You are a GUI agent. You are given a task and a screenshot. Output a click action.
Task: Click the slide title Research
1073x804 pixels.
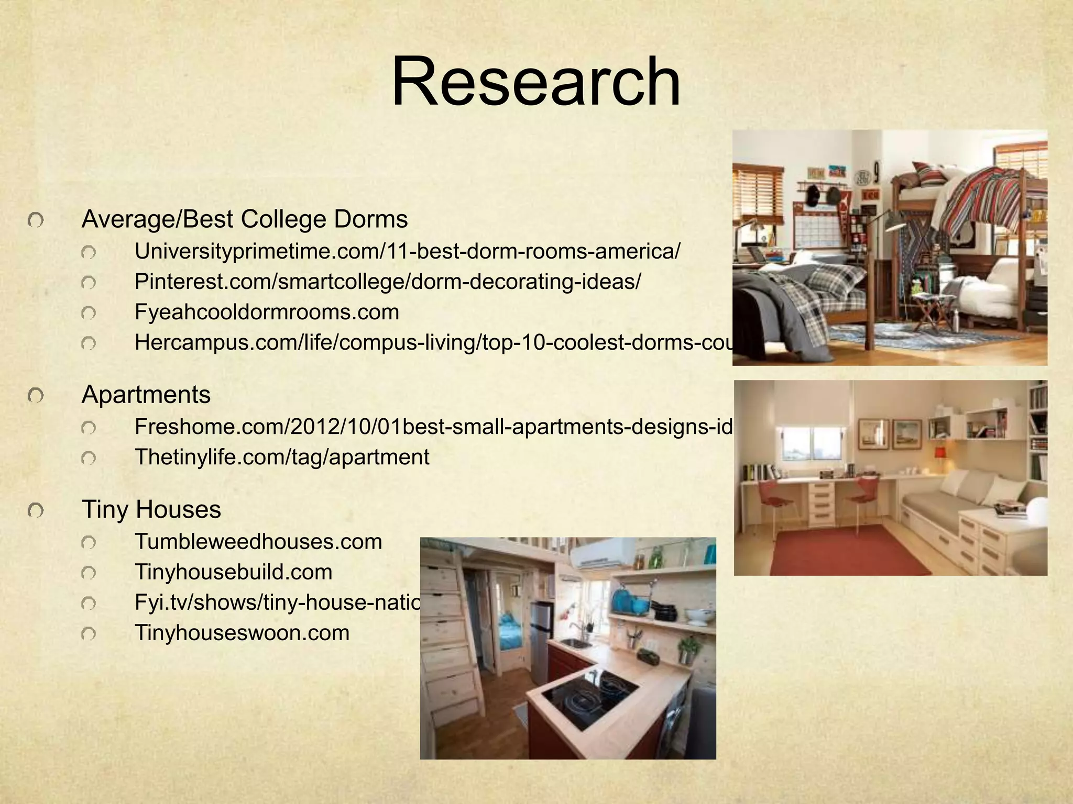point(535,83)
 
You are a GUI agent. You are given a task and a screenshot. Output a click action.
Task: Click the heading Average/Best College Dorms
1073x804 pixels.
point(245,219)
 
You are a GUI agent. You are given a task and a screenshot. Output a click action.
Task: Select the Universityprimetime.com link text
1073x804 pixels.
point(407,252)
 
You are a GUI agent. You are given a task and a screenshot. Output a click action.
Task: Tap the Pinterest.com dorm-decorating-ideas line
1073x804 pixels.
point(387,282)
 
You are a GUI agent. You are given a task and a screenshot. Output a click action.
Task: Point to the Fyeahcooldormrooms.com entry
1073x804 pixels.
point(267,312)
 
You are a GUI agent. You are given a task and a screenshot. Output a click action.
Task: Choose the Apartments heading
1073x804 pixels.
point(146,395)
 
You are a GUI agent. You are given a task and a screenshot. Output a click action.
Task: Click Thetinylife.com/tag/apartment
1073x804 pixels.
point(282,457)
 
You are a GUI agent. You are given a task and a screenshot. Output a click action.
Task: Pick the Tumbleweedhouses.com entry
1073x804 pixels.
point(258,542)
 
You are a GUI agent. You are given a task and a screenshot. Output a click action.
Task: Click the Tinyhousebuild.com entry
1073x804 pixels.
point(233,572)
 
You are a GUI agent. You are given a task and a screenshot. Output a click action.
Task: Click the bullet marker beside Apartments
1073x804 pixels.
point(36,396)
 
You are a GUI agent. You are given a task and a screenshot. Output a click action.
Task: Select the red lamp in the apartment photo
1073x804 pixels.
point(939,452)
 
